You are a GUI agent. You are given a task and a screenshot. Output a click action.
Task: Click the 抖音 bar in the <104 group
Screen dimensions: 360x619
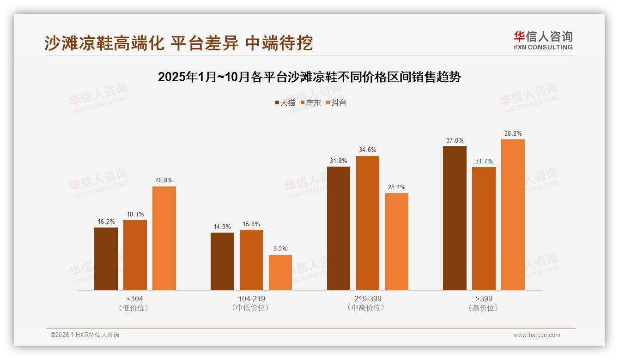click(x=164, y=238)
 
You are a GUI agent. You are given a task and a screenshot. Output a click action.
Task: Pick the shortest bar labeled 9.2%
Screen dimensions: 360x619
click(x=280, y=272)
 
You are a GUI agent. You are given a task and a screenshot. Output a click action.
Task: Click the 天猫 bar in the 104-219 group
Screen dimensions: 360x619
click(x=222, y=261)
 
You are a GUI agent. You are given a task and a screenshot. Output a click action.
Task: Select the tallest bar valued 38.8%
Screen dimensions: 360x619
click(x=513, y=215)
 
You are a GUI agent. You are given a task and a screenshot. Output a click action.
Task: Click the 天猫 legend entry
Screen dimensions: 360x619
click(x=285, y=102)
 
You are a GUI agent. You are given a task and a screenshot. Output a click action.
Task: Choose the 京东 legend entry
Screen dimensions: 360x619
click(x=310, y=102)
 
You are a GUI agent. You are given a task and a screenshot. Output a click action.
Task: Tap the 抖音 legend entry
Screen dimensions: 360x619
click(x=336, y=102)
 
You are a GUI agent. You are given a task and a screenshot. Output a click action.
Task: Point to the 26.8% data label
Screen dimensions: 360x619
click(x=164, y=180)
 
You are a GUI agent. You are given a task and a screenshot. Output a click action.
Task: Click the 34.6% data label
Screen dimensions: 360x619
click(x=368, y=150)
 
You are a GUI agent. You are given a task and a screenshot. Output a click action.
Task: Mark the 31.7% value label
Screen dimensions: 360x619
click(x=484, y=161)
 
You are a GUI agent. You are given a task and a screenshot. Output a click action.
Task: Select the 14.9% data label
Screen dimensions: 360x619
click(x=222, y=227)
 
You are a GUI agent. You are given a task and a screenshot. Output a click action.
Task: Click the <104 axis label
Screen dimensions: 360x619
click(x=135, y=299)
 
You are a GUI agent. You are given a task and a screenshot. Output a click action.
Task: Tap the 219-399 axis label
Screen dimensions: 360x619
click(x=368, y=299)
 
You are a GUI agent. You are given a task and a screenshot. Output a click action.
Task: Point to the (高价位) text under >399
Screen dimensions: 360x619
click(x=484, y=308)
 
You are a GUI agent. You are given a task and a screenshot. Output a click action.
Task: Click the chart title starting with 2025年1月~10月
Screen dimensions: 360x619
click(x=309, y=77)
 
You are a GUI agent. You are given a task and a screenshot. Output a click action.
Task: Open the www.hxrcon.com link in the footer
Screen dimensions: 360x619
click(x=537, y=335)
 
